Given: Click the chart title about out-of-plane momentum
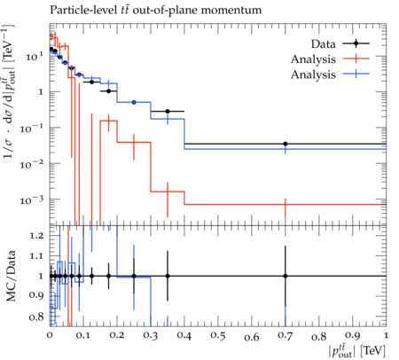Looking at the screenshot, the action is tap(156, 10).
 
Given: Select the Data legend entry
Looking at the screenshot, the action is tap(340, 43).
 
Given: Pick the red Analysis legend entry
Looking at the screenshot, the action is tap(330, 59).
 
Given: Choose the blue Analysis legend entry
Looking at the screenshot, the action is tap(330, 74).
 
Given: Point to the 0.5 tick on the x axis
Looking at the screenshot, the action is tap(218, 336).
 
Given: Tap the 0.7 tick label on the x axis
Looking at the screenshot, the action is tap(286, 336).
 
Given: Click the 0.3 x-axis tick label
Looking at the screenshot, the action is tap(151, 336).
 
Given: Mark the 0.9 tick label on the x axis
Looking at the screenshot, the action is tap(353, 336).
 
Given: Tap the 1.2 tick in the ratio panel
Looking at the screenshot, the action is tap(37, 236).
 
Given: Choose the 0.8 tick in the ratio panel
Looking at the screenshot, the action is tap(37, 317).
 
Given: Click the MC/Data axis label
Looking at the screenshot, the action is tap(11, 276).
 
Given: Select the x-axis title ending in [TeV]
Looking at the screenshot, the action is tap(356, 351).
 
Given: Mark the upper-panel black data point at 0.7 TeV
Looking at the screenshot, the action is tap(286, 144).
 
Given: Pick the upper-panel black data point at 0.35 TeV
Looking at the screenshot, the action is tap(168, 112).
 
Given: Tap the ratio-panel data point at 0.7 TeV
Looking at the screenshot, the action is tap(286, 276).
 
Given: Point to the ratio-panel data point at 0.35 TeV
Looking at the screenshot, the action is tap(168, 276).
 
